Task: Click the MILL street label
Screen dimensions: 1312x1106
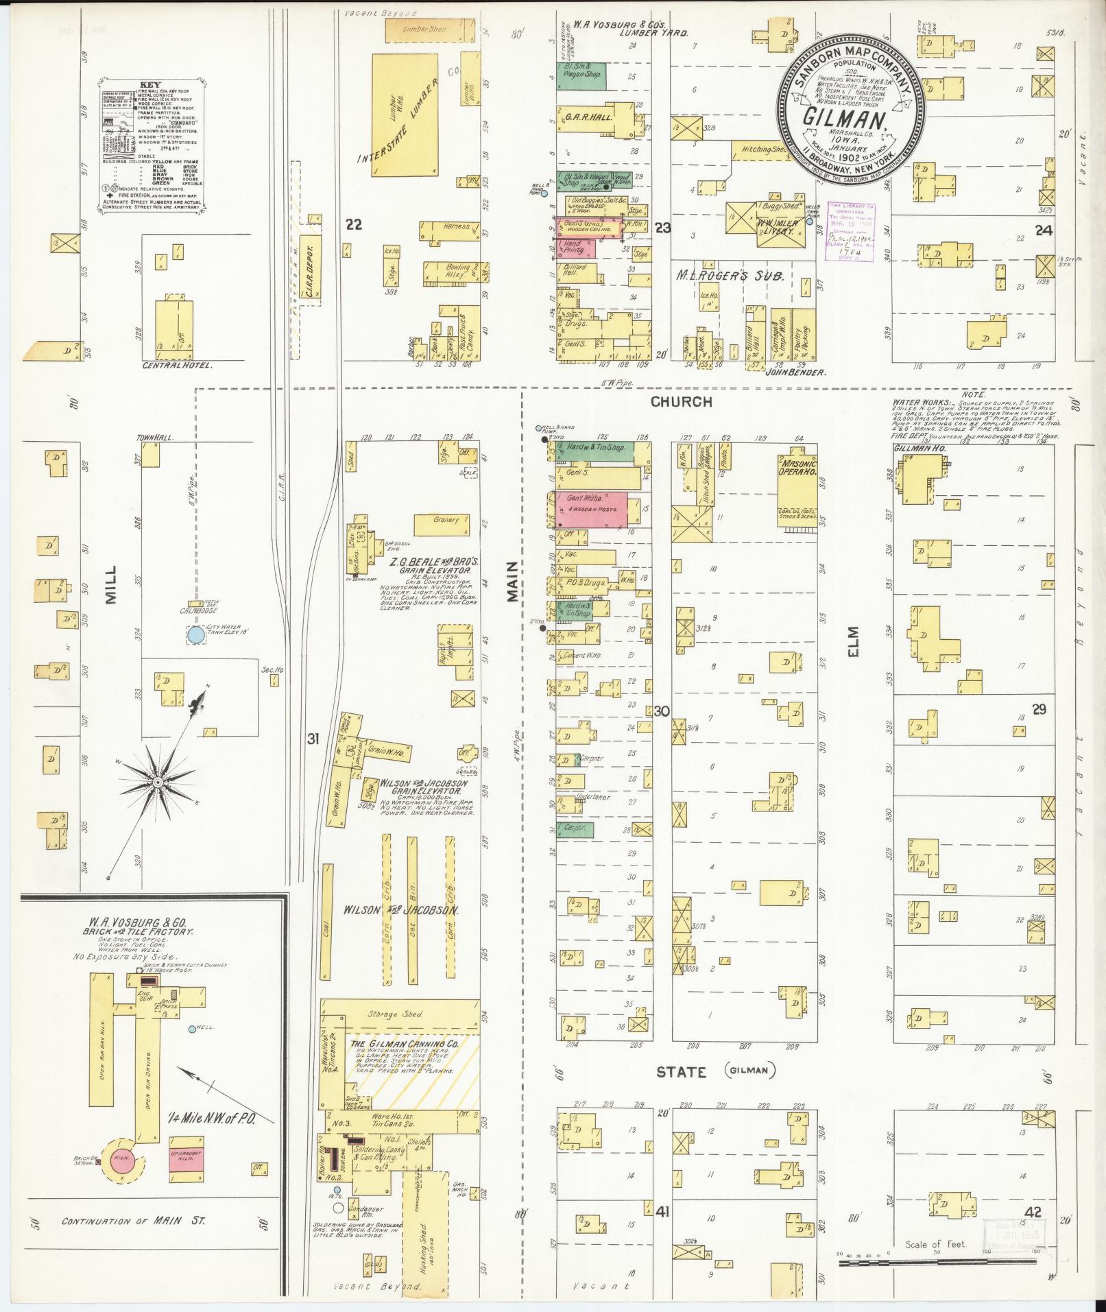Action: [x=111, y=584]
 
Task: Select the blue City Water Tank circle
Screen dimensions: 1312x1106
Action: [x=195, y=634]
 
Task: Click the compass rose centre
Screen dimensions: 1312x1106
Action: [x=158, y=782]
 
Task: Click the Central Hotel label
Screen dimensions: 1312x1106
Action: [x=176, y=366]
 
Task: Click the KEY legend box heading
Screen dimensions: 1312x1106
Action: [x=150, y=85]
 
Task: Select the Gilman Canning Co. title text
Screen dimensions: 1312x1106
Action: [x=405, y=1064]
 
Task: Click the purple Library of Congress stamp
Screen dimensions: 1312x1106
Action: [x=852, y=231]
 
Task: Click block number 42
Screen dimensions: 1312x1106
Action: [x=1033, y=1213]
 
